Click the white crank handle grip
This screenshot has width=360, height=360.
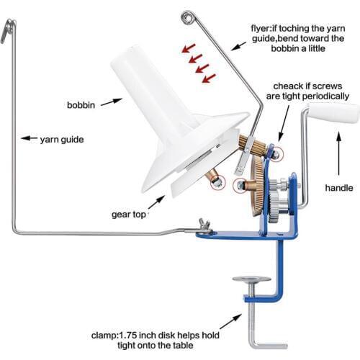(x=334, y=114)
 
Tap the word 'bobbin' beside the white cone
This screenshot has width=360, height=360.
(x=81, y=105)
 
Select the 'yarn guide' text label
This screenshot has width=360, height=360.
(x=62, y=140)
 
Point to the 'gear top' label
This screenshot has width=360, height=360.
(x=129, y=215)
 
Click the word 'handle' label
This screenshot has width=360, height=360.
(x=339, y=188)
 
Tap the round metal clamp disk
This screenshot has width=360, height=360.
(x=252, y=279)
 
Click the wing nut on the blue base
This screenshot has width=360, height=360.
(x=204, y=225)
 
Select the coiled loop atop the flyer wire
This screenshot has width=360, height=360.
(x=189, y=17)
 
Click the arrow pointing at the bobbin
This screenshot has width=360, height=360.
(x=112, y=102)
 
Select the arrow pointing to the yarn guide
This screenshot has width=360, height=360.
(x=29, y=138)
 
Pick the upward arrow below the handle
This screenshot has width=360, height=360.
(x=338, y=153)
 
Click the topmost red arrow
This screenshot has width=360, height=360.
(x=189, y=48)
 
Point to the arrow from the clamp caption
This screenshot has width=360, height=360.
(x=230, y=321)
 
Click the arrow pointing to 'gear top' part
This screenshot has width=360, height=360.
(x=156, y=202)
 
